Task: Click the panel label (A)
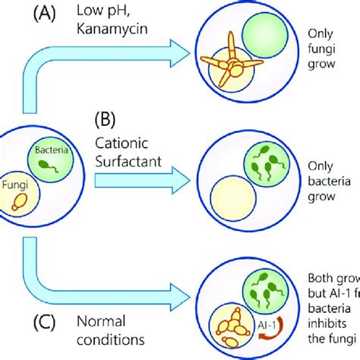point(39,14)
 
